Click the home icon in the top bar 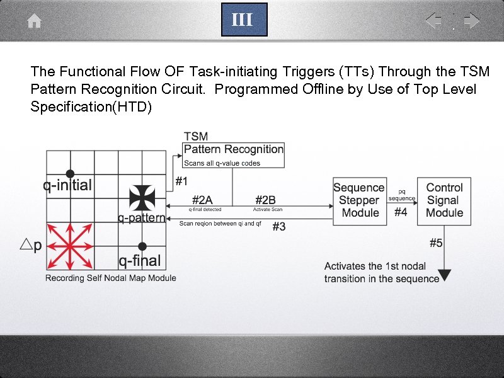[35, 21]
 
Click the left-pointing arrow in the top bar [433, 21]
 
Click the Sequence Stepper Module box [359, 200]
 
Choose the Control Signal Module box [444, 200]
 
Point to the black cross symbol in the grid [142, 197]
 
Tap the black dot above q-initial [70, 173]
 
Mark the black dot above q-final [143, 246]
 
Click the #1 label [181, 181]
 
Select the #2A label [202, 200]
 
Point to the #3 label [278, 227]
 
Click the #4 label [401, 212]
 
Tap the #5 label [437, 242]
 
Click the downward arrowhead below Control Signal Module [445, 275]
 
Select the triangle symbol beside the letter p [26, 245]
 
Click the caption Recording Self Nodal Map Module [111, 278]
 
